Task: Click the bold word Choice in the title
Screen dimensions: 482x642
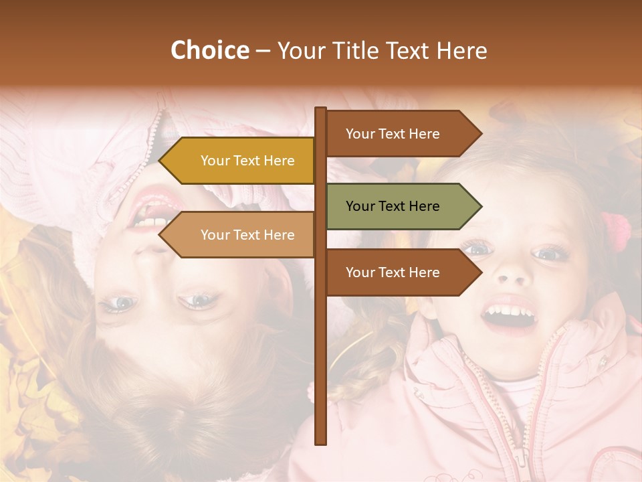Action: (209, 50)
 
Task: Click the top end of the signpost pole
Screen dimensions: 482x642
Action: (320, 109)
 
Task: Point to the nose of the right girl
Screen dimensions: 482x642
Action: (512, 271)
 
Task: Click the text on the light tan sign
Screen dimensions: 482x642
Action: (247, 235)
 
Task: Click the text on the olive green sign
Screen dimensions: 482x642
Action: (393, 206)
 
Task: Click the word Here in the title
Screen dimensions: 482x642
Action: (461, 51)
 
